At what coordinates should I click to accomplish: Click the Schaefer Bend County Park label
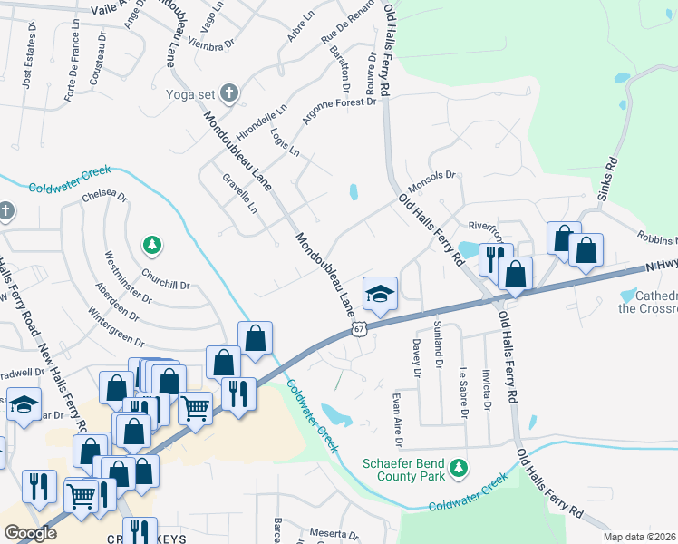pos(404,468)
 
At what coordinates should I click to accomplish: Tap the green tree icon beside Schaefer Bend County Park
pos(460,467)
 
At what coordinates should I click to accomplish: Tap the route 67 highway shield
pos(359,331)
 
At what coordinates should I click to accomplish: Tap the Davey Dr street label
pos(417,358)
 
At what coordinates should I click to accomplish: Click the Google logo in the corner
pos(30,533)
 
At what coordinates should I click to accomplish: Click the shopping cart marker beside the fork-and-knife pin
pos(196,408)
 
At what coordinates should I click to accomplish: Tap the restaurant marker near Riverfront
pos(495,257)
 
